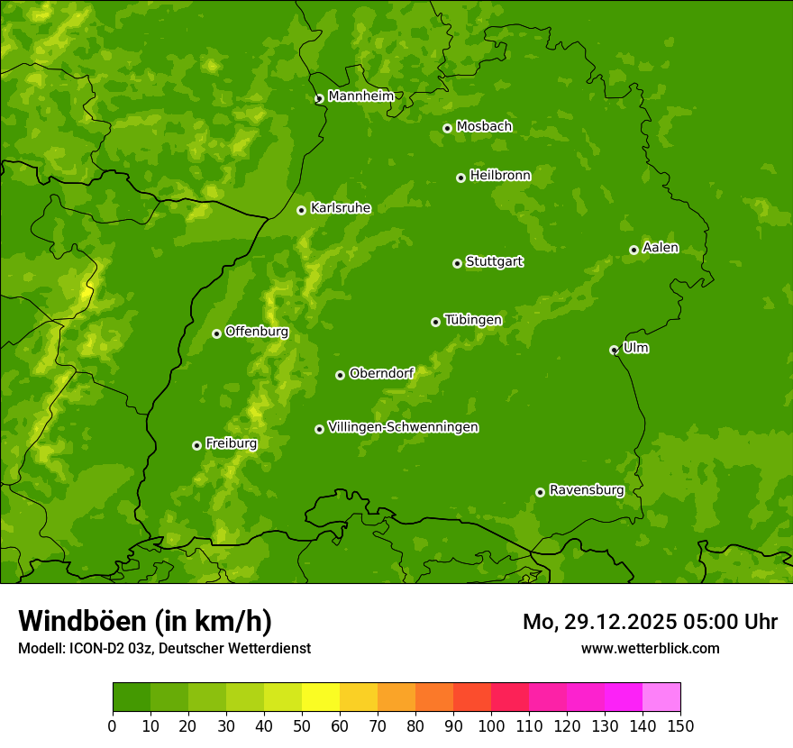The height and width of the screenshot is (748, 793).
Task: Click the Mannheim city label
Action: [x=360, y=96]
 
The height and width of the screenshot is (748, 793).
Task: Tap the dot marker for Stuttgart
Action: [x=457, y=263]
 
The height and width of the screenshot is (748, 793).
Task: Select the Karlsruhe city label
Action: [x=341, y=208]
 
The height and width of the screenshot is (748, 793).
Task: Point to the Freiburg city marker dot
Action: [x=196, y=445]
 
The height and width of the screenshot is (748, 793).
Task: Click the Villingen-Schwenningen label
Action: [x=403, y=427]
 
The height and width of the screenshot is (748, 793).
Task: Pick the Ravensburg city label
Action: [x=586, y=490]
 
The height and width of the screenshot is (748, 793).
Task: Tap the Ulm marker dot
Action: [x=614, y=350]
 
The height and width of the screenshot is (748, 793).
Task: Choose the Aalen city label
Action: [x=660, y=248]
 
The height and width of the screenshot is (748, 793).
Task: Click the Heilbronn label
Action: [x=500, y=176]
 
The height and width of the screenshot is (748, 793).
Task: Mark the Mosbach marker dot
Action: [x=447, y=128]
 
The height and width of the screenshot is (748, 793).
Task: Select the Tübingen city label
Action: [x=472, y=320]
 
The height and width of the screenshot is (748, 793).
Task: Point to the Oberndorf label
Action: [x=381, y=373]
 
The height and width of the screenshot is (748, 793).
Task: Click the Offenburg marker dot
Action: [x=216, y=333]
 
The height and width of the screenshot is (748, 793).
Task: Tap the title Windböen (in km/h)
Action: [x=145, y=621]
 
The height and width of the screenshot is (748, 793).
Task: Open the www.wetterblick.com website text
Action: [x=650, y=648]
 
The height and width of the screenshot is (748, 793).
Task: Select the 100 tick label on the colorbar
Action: [x=491, y=725]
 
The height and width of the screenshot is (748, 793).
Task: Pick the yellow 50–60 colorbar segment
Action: [x=321, y=698]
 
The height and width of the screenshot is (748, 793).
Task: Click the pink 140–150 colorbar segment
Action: [x=661, y=698]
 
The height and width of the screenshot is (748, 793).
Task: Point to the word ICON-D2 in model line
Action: [x=95, y=648]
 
